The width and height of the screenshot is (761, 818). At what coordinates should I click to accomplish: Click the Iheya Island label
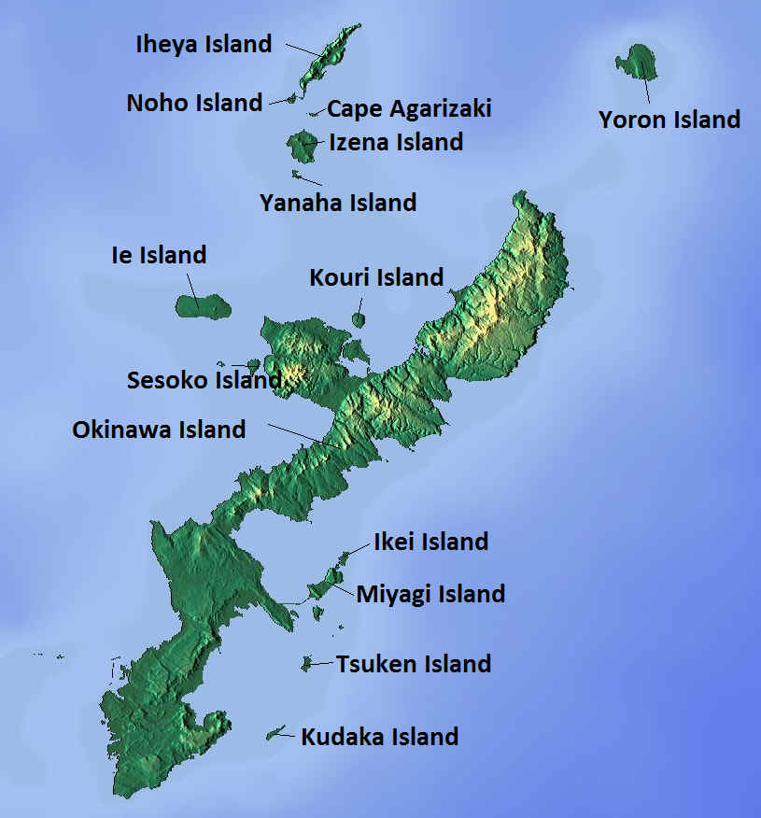pos(204,44)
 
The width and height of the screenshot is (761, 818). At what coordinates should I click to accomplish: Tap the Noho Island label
pos(194,103)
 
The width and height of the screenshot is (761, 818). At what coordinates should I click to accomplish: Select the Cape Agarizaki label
pos(409,109)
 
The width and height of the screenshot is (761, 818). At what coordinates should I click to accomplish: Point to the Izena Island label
pos(396,142)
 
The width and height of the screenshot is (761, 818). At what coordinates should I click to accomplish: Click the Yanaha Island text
pos(338,202)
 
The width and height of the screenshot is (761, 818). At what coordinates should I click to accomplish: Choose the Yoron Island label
pos(669,120)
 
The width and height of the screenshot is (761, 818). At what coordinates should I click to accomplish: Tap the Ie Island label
pos(159,255)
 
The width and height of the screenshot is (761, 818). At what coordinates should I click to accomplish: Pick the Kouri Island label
pos(376,277)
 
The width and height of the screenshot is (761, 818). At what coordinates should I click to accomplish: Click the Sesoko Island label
pos(204,380)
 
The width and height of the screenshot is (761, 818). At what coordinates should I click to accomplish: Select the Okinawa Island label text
pos(159,430)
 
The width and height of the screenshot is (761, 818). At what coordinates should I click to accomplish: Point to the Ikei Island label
pos(430,542)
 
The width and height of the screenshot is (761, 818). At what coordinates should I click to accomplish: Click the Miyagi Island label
pos(430,594)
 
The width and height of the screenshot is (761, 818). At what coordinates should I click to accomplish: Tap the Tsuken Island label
pos(414,664)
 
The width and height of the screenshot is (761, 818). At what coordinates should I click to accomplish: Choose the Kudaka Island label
pos(379,737)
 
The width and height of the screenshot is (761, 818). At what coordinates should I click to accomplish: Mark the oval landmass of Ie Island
pos(202,306)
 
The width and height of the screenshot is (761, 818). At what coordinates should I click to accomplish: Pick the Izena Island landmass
pos(302,146)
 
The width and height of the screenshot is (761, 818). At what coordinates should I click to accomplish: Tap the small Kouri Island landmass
pos(358,320)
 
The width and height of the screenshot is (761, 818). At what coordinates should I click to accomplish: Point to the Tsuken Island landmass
pos(306,664)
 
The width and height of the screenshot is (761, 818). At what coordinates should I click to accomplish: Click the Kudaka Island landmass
pos(275,734)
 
